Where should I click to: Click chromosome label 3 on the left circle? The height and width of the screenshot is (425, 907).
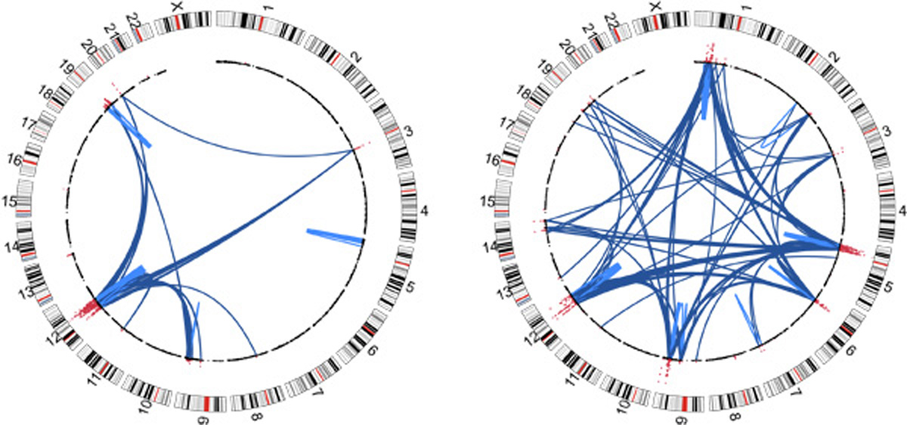(408, 132)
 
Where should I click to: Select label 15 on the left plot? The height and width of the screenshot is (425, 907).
(11, 203)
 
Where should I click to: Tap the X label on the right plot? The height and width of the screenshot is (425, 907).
(655, 6)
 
